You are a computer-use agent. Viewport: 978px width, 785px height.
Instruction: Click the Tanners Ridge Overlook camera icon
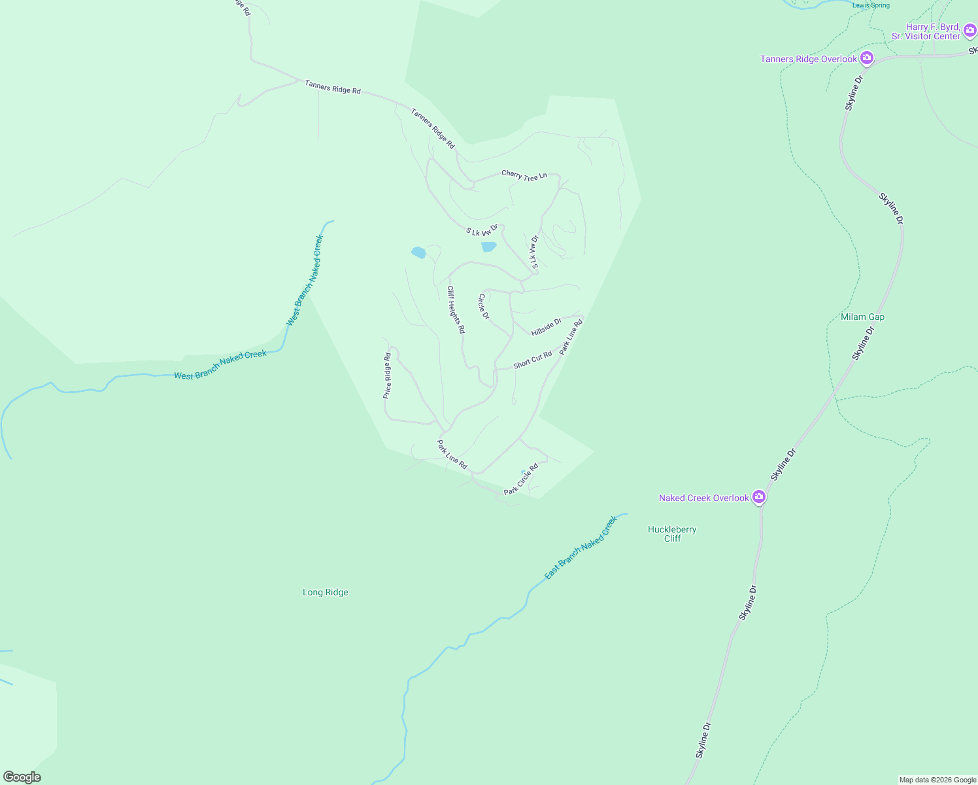click(867, 59)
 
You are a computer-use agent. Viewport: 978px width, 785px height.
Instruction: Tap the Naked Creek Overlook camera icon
click(759, 498)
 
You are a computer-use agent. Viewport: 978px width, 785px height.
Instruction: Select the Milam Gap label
click(862, 317)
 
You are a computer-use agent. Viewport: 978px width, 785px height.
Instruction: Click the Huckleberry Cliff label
click(672, 534)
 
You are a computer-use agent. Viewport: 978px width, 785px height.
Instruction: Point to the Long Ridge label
click(326, 593)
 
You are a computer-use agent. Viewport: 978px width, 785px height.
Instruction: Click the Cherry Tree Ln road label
click(524, 175)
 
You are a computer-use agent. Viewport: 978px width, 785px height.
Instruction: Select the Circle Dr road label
click(484, 306)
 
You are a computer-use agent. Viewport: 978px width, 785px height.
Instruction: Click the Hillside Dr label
click(547, 327)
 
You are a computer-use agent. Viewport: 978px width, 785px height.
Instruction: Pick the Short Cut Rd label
click(532, 360)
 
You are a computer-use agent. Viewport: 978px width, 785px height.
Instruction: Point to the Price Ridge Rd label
click(387, 376)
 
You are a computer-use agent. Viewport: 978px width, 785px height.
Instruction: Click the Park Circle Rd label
click(521, 479)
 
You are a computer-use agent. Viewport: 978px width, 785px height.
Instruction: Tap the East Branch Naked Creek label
click(581, 548)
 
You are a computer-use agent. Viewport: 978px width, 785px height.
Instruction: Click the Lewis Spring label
click(871, 6)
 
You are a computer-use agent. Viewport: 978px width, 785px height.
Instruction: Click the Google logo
click(22, 777)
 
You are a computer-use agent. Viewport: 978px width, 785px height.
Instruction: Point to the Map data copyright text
click(937, 780)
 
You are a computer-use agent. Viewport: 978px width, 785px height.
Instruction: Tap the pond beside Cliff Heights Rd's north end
click(418, 253)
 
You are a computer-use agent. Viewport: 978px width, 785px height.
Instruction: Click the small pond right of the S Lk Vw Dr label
click(488, 247)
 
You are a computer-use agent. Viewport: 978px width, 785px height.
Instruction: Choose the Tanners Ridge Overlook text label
click(808, 60)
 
